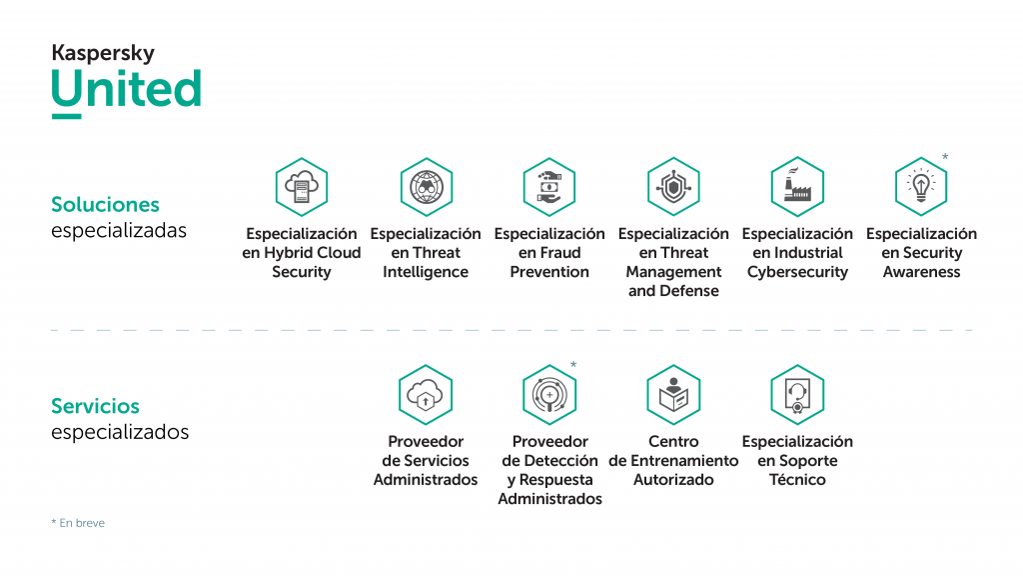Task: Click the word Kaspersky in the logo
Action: click(x=103, y=53)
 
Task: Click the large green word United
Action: click(x=127, y=90)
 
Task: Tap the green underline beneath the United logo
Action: click(x=66, y=116)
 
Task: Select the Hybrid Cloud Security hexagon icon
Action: click(x=302, y=187)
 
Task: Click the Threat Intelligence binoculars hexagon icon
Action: click(x=426, y=187)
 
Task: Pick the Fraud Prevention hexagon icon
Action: click(x=549, y=187)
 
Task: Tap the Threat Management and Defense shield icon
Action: click(x=673, y=187)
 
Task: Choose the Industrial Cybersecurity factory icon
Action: click(x=797, y=187)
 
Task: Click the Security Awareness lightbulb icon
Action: click(x=921, y=187)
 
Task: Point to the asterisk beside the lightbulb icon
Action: click(x=945, y=158)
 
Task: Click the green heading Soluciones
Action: click(x=105, y=204)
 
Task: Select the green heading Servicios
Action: click(x=95, y=406)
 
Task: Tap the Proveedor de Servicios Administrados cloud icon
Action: click(x=426, y=395)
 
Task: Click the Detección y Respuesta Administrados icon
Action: click(x=549, y=395)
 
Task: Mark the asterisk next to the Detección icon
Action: click(x=573, y=365)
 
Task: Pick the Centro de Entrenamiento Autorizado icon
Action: click(x=673, y=395)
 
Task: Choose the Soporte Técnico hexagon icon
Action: click(x=797, y=395)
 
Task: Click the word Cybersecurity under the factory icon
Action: click(x=797, y=272)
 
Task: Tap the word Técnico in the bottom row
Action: click(x=797, y=480)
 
